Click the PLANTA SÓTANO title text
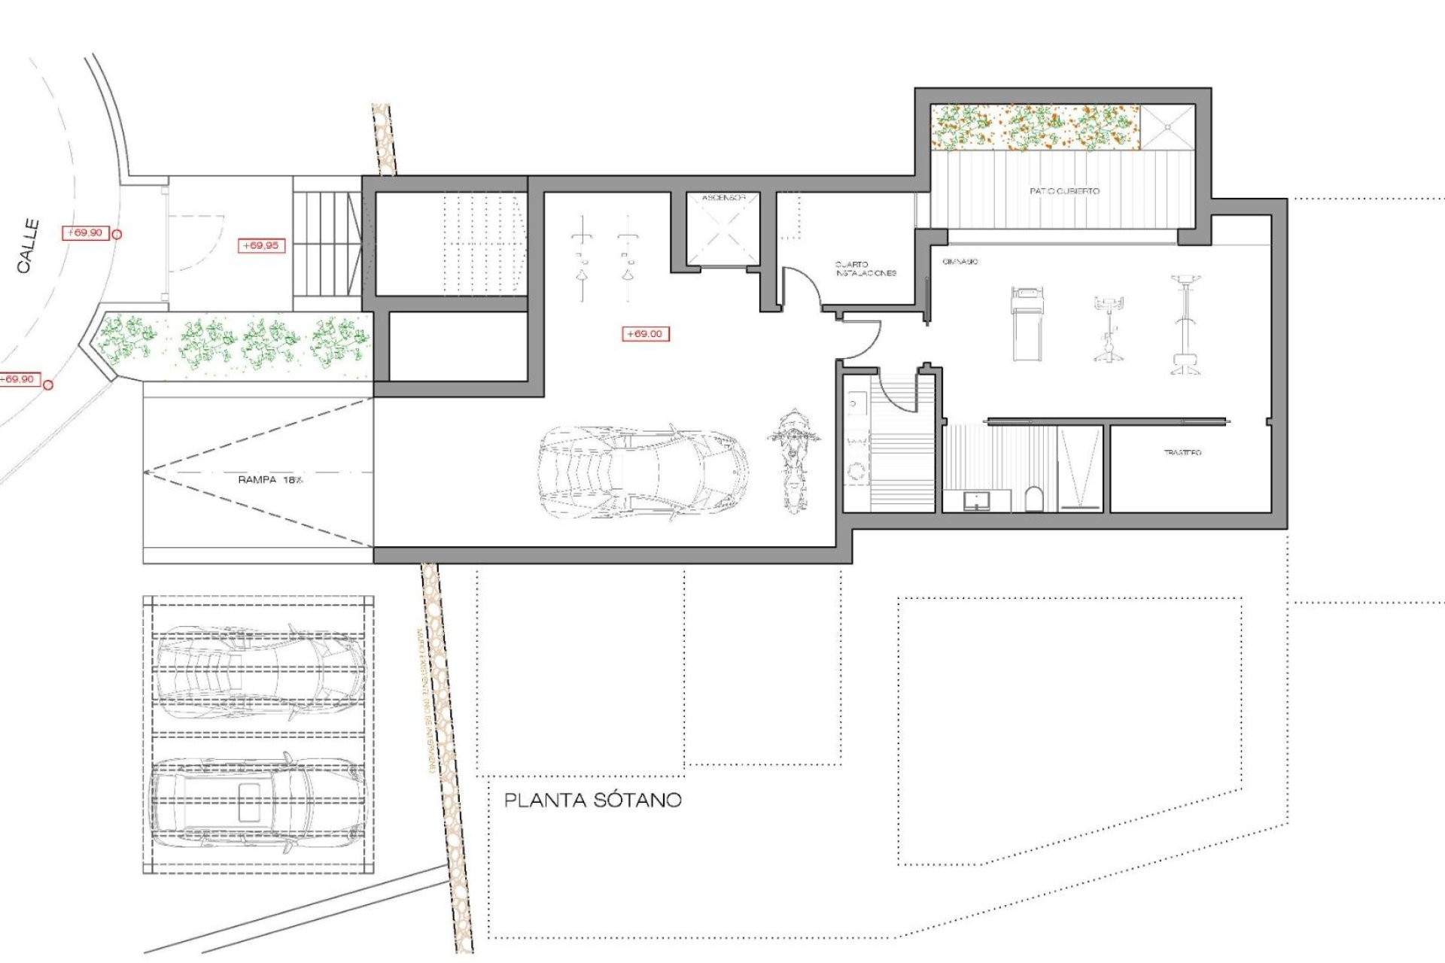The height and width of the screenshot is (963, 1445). click(x=592, y=800)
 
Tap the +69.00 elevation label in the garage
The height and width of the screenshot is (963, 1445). click(x=645, y=333)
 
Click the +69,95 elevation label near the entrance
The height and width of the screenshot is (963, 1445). click(x=260, y=245)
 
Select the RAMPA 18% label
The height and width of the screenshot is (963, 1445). click(x=269, y=479)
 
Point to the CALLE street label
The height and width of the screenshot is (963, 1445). click(x=28, y=245)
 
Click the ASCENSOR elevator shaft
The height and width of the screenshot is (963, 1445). click(x=722, y=229)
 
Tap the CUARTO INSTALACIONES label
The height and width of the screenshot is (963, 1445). click(x=865, y=269)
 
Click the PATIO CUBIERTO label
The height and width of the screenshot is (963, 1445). click(x=1063, y=191)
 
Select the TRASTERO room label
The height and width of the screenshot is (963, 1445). click(x=1182, y=452)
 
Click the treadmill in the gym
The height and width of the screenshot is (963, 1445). click(x=1027, y=324)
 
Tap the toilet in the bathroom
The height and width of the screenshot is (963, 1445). click(x=1034, y=498)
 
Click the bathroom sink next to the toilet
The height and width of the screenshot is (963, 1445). click(x=977, y=500)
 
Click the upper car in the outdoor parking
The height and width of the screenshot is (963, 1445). click(x=260, y=670)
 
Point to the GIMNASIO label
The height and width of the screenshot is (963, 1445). click(x=960, y=262)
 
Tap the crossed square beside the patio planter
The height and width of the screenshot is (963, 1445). click(x=1167, y=127)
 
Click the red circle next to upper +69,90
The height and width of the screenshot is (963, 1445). click(x=117, y=234)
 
